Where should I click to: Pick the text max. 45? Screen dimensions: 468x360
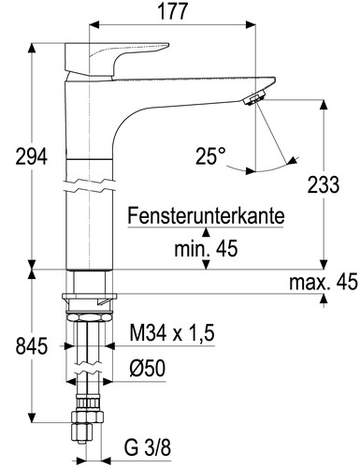pyautogui.click(x=321, y=281)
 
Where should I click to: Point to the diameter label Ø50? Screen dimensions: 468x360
pyautogui.click(x=147, y=367)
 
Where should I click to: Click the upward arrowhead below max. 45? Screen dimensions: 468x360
pyautogui.click(x=324, y=299)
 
